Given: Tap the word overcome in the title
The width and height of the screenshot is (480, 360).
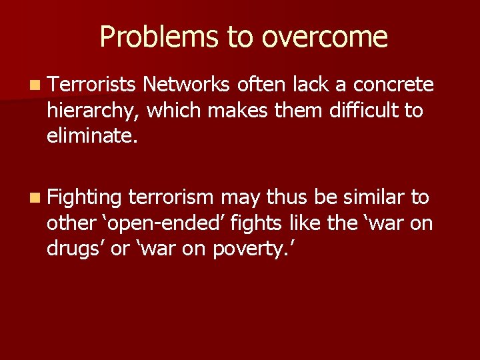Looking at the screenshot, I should (325, 37).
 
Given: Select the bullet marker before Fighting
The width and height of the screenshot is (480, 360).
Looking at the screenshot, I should (35, 198).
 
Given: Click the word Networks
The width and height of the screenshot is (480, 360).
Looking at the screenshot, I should (187, 85).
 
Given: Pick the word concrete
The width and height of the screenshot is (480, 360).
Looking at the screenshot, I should (394, 85).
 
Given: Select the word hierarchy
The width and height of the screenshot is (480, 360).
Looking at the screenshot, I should (92, 110).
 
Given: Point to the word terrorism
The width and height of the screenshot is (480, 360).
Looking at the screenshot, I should (171, 197).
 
